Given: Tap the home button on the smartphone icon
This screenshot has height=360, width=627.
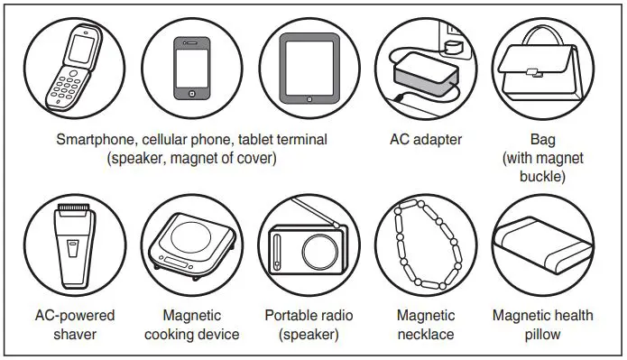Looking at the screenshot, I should pos(191,93).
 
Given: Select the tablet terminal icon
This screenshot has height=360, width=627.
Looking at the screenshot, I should pos(309,69).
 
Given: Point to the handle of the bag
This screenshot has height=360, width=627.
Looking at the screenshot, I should pos(544,42).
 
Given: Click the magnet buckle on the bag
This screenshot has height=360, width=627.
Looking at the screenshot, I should pos(544,74).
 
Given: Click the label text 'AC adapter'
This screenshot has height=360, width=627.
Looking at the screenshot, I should pos(426,140).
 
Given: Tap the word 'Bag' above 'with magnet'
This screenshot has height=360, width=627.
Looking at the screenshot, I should pos(543,140).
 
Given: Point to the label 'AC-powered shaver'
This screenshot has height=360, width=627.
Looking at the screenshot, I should pos(75,325).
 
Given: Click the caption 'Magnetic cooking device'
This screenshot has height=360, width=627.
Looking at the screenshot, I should pos(192,325).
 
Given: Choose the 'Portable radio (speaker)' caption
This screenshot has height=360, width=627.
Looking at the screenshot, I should pos(309,325).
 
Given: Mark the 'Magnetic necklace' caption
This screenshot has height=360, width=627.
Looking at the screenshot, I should pos(426,325).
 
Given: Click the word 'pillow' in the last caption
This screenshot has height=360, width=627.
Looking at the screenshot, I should pos(543,335).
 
